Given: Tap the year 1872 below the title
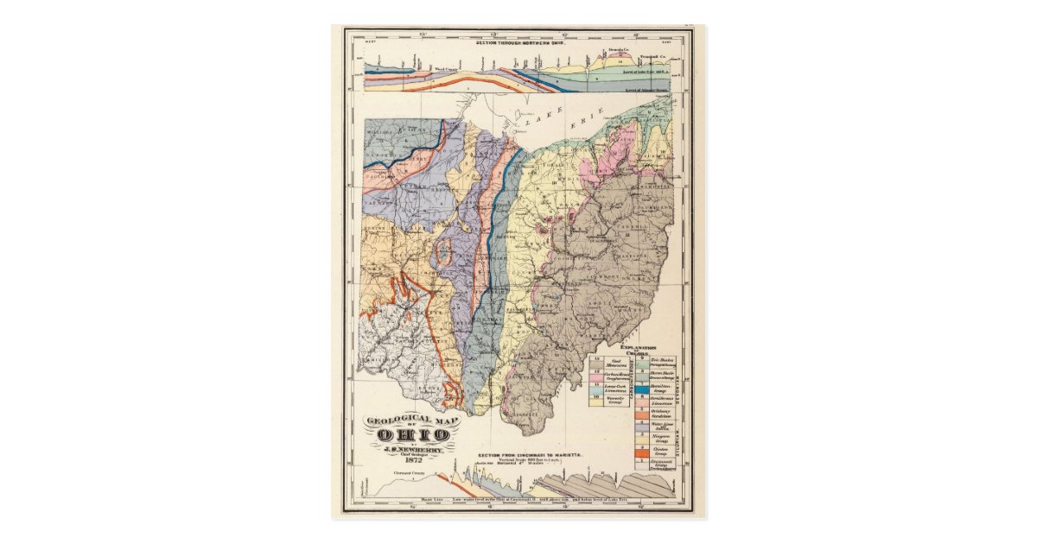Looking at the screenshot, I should (412, 459).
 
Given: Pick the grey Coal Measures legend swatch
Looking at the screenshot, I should (596, 363).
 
